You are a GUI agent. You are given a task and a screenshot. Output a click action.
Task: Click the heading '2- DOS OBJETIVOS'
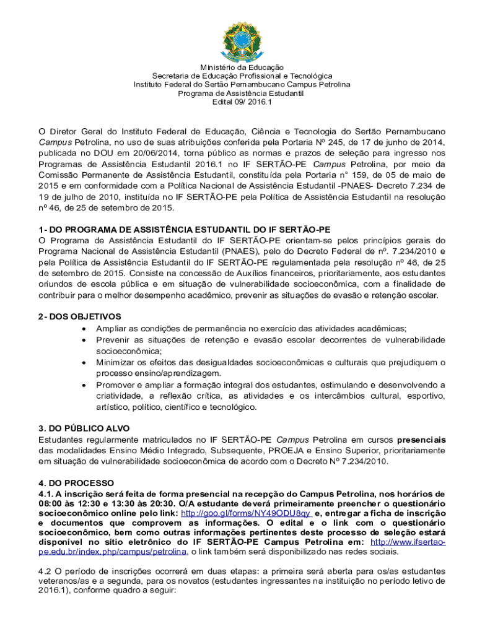[80, 316]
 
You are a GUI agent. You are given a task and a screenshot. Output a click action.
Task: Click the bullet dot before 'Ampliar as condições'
[84, 329]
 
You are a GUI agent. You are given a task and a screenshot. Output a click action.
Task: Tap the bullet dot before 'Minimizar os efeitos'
[84, 363]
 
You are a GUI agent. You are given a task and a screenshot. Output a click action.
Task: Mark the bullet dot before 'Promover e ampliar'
[84, 385]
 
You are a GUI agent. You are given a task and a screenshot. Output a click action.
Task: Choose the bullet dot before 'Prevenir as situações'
[84, 341]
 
